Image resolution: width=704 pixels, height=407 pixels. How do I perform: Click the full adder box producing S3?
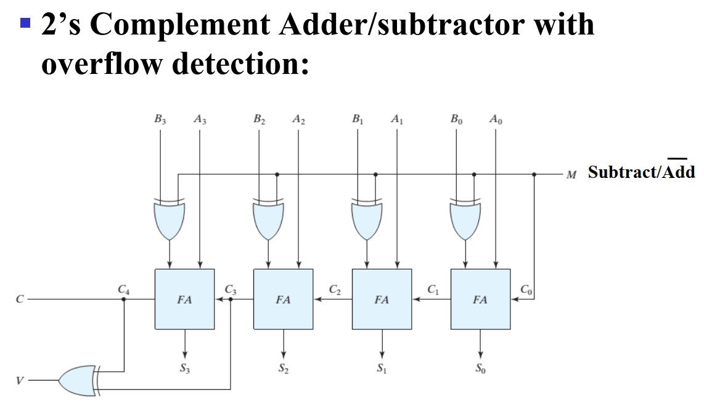point(184,299)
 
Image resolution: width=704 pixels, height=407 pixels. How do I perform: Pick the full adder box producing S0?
point(480,299)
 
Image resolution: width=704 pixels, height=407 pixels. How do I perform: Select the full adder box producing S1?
point(382,299)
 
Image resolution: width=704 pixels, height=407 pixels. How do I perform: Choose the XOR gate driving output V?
point(78,381)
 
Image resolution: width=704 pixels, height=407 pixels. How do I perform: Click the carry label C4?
point(124,288)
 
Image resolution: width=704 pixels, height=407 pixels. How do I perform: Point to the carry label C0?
point(525,288)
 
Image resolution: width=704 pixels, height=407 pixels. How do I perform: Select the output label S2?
point(283,369)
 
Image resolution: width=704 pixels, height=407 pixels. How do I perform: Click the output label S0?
point(480,369)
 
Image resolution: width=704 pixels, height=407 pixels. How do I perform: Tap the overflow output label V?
point(20,381)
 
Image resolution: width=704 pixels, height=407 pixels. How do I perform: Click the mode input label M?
point(571,174)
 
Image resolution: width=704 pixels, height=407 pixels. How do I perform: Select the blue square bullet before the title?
point(25,24)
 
